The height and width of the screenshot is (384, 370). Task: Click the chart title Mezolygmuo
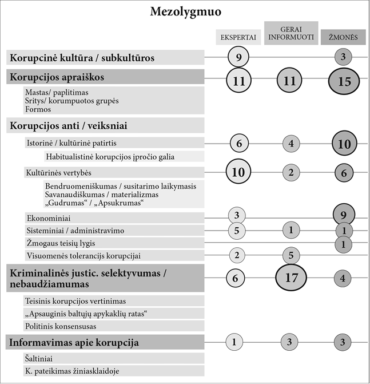click(185, 11)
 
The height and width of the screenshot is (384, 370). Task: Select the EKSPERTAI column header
click(238, 38)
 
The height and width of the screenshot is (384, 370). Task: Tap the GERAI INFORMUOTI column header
click(291, 33)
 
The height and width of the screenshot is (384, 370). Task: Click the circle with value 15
click(344, 81)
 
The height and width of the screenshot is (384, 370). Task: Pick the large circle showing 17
click(291, 279)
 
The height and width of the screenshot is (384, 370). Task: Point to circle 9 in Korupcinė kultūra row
click(238, 57)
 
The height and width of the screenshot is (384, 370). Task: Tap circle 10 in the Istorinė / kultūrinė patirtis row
click(344, 144)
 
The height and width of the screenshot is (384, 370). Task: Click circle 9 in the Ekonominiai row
click(344, 216)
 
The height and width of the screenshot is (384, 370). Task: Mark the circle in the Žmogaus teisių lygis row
click(344, 244)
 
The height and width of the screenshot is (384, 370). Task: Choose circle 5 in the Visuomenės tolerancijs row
click(291, 255)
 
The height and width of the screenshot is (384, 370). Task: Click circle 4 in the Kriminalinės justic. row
click(344, 279)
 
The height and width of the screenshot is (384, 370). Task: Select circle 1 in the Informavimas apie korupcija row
click(235, 342)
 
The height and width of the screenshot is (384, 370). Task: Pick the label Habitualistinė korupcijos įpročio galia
click(109, 156)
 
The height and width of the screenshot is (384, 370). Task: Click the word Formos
click(38, 109)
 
